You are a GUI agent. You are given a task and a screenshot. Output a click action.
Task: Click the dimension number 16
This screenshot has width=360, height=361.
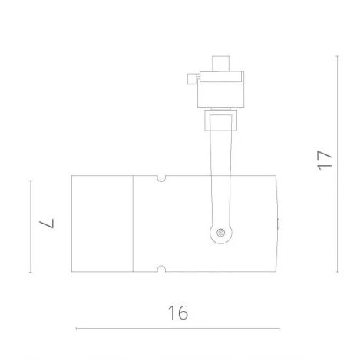177,313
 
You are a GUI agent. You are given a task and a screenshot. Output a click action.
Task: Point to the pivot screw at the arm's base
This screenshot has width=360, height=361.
221,232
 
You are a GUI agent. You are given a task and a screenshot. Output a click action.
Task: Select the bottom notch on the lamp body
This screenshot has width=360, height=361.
161,268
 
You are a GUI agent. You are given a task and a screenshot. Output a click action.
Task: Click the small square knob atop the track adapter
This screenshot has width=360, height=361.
221,61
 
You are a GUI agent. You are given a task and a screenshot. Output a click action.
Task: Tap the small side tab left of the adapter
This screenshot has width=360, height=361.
193,77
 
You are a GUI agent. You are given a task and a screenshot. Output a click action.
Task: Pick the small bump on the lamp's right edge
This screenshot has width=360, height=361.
279,224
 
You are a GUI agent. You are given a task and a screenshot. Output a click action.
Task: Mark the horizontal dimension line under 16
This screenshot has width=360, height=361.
177,329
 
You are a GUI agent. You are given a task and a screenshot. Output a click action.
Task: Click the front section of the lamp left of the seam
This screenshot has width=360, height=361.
102,224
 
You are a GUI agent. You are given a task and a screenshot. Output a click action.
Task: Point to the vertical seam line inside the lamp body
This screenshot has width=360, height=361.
134,224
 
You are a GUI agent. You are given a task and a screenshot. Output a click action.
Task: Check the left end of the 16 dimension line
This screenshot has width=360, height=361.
76,329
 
